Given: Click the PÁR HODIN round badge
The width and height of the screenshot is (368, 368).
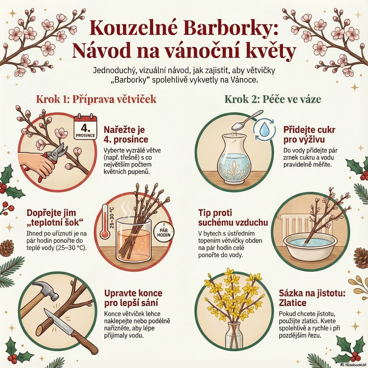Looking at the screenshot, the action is pyautogui.click(x=163, y=232).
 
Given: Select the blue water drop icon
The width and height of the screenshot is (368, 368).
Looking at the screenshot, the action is pyautogui.click(x=264, y=128).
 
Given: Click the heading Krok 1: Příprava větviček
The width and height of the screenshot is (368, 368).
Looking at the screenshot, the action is pyautogui.click(x=96, y=99).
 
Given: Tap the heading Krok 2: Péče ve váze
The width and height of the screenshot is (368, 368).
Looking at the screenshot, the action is pyautogui.click(x=273, y=99).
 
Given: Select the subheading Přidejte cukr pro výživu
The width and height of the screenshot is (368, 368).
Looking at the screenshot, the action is pyautogui.click(x=309, y=135).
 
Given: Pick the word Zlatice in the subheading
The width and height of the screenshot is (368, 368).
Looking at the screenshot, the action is pyautogui.click(x=292, y=303).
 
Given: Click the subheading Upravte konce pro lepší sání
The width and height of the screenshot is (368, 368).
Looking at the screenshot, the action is pyautogui.click(x=133, y=297).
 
